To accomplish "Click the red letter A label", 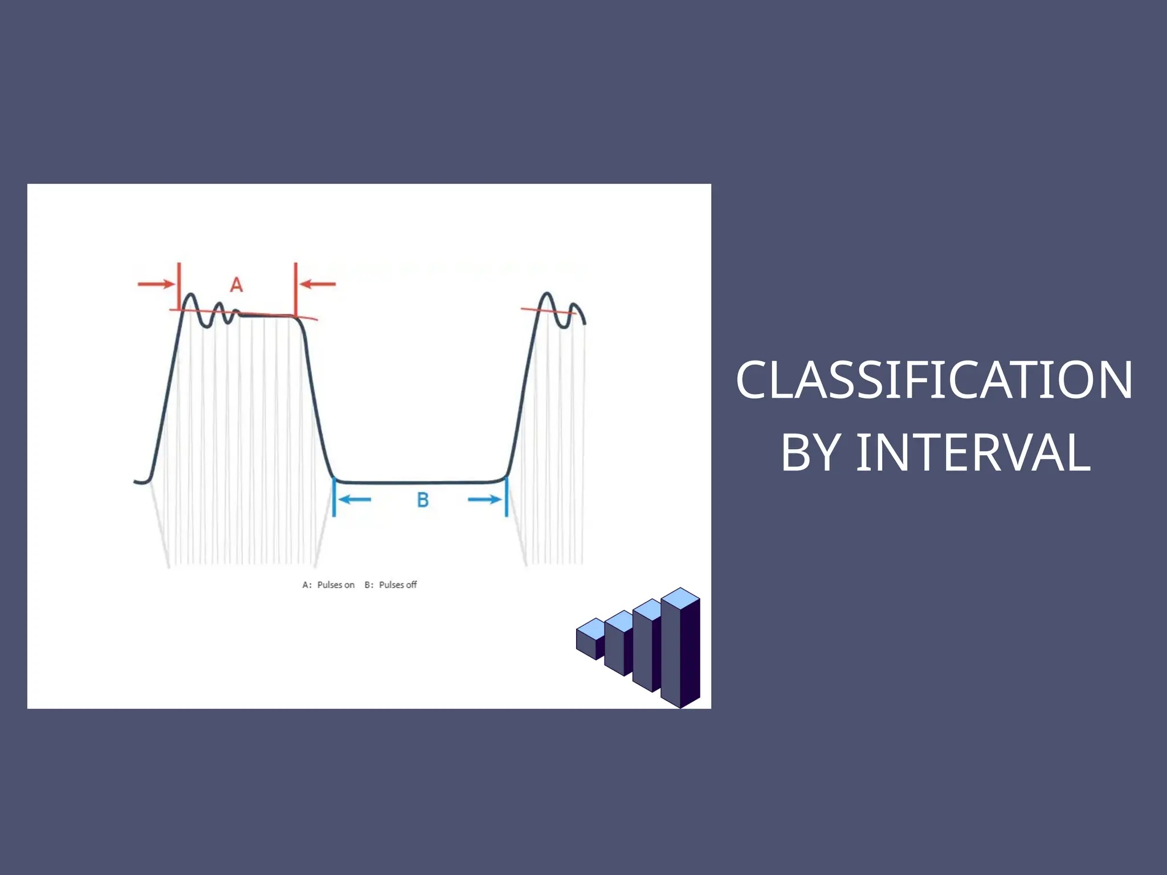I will click(x=236, y=284).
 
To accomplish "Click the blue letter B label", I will click(x=422, y=500).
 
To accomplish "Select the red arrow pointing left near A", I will click(x=318, y=284).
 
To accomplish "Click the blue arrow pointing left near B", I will click(x=354, y=500).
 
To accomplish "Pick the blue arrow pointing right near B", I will click(x=485, y=500).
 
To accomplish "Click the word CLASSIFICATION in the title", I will click(x=934, y=380).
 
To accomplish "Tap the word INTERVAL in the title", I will click(x=973, y=453).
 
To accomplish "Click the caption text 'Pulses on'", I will click(x=336, y=585).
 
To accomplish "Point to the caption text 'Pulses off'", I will click(x=398, y=585).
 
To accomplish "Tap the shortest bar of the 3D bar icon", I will click(x=589, y=641).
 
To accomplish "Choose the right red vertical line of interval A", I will click(x=296, y=288).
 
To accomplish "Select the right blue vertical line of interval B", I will click(x=507, y=497).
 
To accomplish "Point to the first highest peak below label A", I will click(x=191, y=295).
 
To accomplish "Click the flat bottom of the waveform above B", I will click(x=421, y=483).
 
